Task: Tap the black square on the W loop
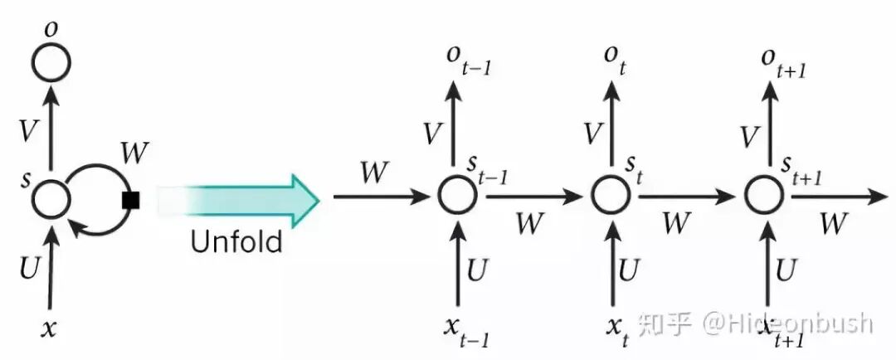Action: [129, 200]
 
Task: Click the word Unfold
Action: [236, 241]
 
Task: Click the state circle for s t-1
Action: [457, 197]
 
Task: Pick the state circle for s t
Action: [611, 197]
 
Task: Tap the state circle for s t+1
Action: [764, 197]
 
